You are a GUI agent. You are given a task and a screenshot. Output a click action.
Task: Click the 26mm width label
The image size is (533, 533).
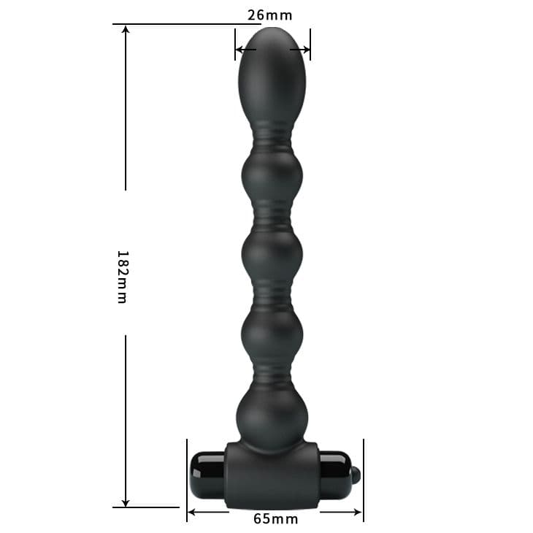coord(269,15)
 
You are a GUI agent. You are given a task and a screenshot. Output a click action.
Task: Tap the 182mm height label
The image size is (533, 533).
coord(123,277)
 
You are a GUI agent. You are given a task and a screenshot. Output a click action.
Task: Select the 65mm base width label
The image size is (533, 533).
coord(276,519)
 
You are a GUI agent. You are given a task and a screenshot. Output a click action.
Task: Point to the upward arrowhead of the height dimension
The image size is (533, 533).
coord(126,30)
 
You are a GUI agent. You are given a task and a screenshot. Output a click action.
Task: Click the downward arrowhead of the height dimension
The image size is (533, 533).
coord(126,502)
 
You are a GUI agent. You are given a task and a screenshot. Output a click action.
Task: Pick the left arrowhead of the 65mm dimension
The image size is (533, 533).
coord(193,512)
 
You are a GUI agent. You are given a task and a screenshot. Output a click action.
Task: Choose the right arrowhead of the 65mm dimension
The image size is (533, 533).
coord(358,512)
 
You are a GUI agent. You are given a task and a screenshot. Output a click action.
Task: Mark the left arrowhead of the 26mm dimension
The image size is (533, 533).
coord(240,50)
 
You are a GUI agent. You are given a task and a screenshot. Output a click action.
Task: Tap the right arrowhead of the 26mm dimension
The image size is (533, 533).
coord(305,50)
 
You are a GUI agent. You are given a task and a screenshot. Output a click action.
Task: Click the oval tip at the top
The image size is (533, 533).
coord(272,74)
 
